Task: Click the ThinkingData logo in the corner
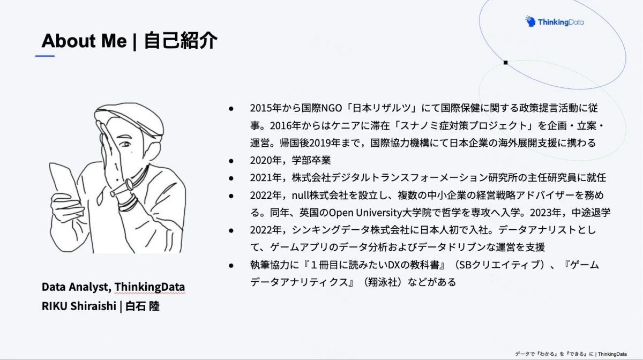pyautogui.click(x=555, y=22)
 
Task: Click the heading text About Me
pyautogui.click(x=84, y=41)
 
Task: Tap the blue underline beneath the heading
pyautogui.click(x=45, y=56)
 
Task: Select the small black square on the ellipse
pyautogui.click(x=505, y=63)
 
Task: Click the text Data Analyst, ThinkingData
pyautogui.click(x=113, y=287)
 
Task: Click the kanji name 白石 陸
pyautogui.click(x=143, y=306)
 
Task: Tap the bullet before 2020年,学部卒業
pyautogui.click(x=231, y=160)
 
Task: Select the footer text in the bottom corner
pyautogui.click(x=571, y=354)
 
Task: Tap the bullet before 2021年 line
pyautogui.click(x=231, y=178)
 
